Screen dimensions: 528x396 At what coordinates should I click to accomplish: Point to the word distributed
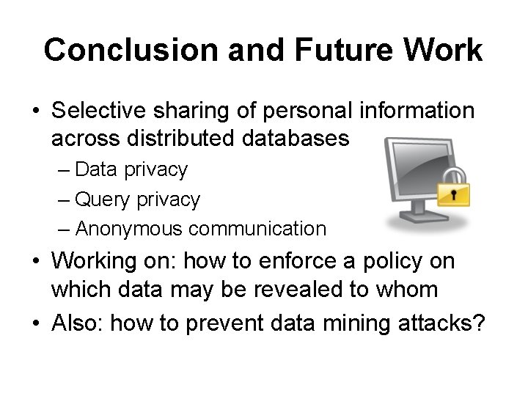(x=173, y=138)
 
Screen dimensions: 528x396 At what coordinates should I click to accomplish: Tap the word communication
(x=257, y=229)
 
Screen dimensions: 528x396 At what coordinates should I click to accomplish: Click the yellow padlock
(x=453, y=190)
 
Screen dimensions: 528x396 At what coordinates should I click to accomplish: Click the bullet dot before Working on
(x=35, y=262)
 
